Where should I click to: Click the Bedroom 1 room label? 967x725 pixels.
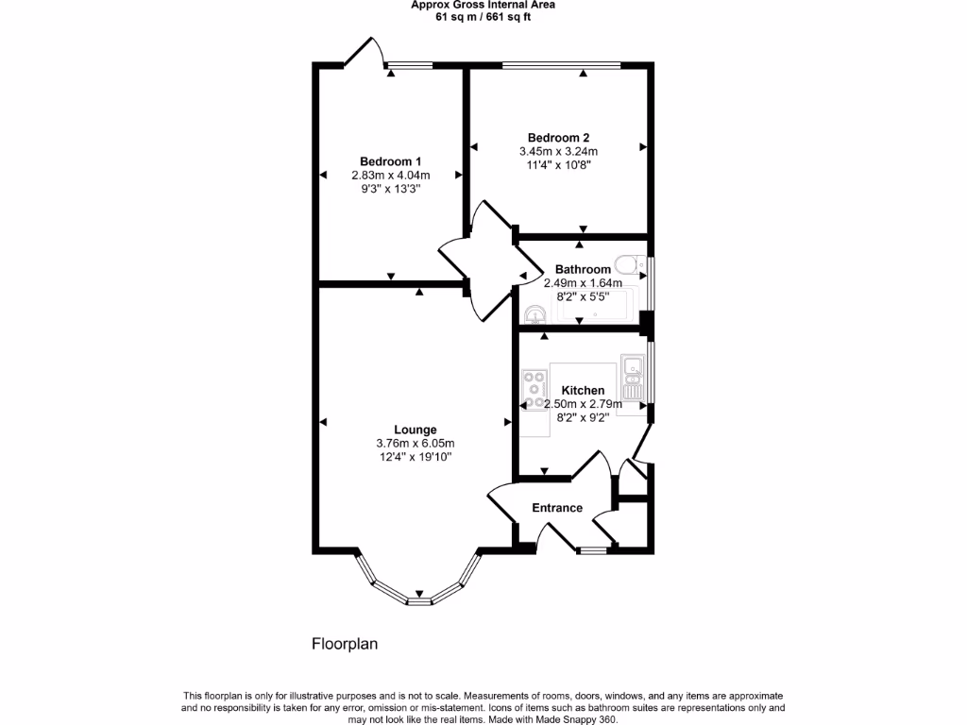tap(390, 160)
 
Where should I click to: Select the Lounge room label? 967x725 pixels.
tap(416, 430)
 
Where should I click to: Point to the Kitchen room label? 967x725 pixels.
tap(583, 390)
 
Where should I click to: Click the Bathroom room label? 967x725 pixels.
tap(583, 269)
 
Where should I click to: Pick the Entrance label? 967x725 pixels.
tap(557, 508)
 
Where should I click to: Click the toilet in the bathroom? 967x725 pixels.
tap(626, 262)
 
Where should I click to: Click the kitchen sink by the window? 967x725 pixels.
tap(632, 375)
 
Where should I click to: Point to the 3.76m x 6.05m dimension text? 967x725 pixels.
tap(416, 444)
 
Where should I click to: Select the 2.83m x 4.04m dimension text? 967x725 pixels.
tap(390, 175)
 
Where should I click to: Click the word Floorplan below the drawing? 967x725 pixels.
tap(345, 645)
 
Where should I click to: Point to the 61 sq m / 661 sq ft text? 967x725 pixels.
tap(483, 17)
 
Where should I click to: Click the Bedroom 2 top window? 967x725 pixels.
tap(561, 64)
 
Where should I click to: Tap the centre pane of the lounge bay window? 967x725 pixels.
tap(419, 600)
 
